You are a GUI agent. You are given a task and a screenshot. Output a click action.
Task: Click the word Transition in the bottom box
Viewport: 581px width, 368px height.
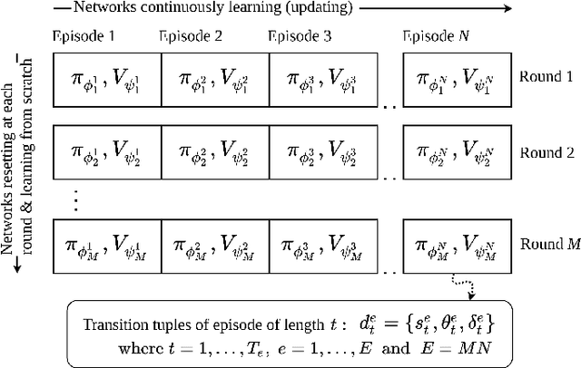tap(114, 325)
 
